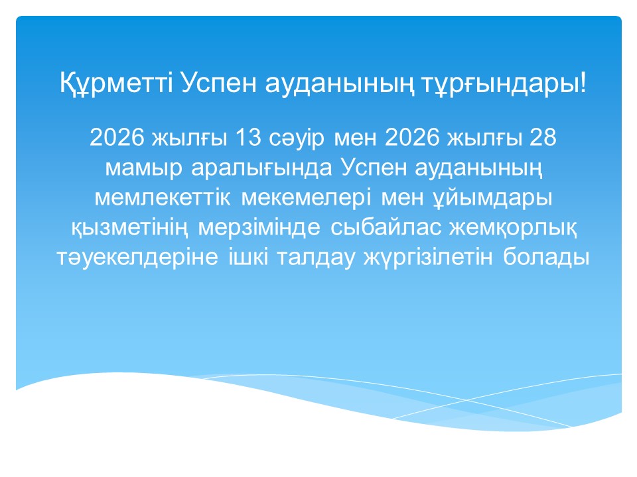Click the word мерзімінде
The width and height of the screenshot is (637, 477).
[x=261, y=228]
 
